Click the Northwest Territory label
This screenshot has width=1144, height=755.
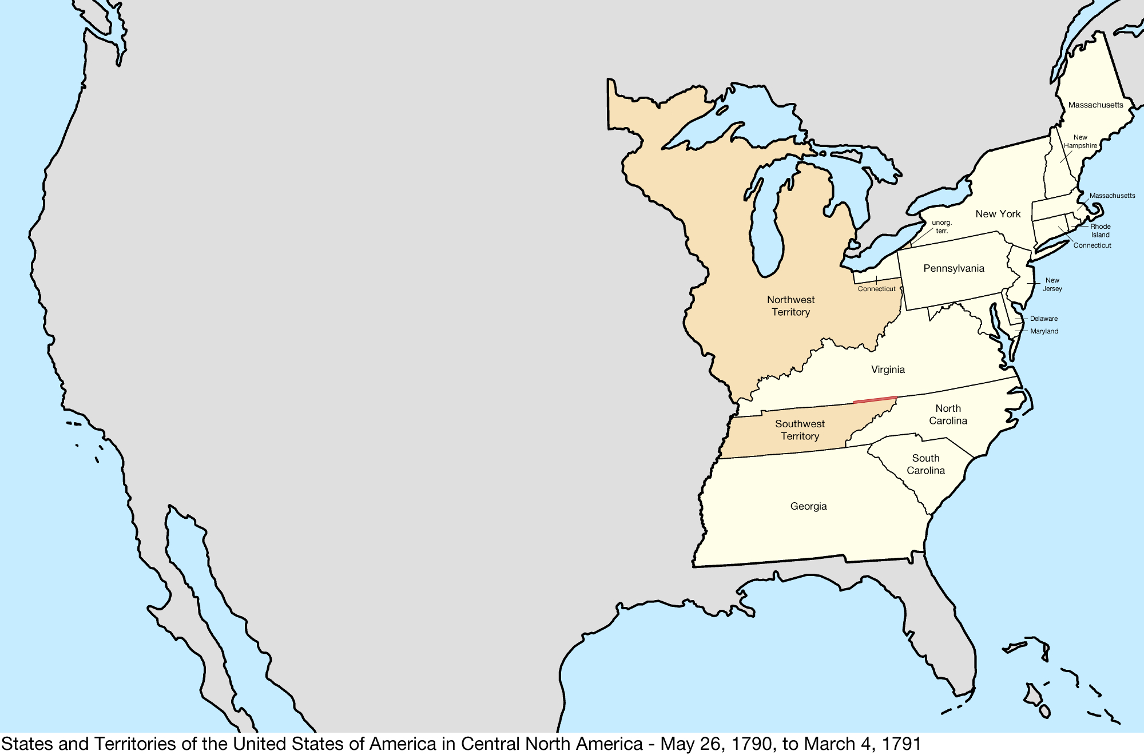pos(791,306)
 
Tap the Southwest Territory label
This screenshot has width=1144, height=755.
pos(800,430)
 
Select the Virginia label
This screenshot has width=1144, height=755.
pos(888,369)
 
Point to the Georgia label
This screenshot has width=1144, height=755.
pos(808,506)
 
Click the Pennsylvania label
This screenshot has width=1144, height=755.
pos(954,268)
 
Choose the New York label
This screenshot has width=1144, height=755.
pos(998,214)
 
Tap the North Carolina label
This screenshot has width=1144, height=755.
pos(948,415)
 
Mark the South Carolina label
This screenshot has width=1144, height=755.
pos(925,464)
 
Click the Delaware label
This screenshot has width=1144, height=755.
pos(1043,319)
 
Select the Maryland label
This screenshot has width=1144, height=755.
pos(1044,331)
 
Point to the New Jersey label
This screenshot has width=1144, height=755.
pos(1052,284)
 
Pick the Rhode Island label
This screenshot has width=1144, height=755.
pos(1100,231)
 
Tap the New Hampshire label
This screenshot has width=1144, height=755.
pos(1080,141)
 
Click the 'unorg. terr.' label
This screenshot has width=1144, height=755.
pos(942,227)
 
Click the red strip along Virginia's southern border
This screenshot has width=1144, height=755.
pos(875,400)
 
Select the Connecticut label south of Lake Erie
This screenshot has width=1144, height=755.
pos(876,289)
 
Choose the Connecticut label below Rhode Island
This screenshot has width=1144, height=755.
pos(1092,245)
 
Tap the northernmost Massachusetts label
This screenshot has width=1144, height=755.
pos(1095,105)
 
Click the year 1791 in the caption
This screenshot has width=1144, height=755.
pos(901,744)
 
